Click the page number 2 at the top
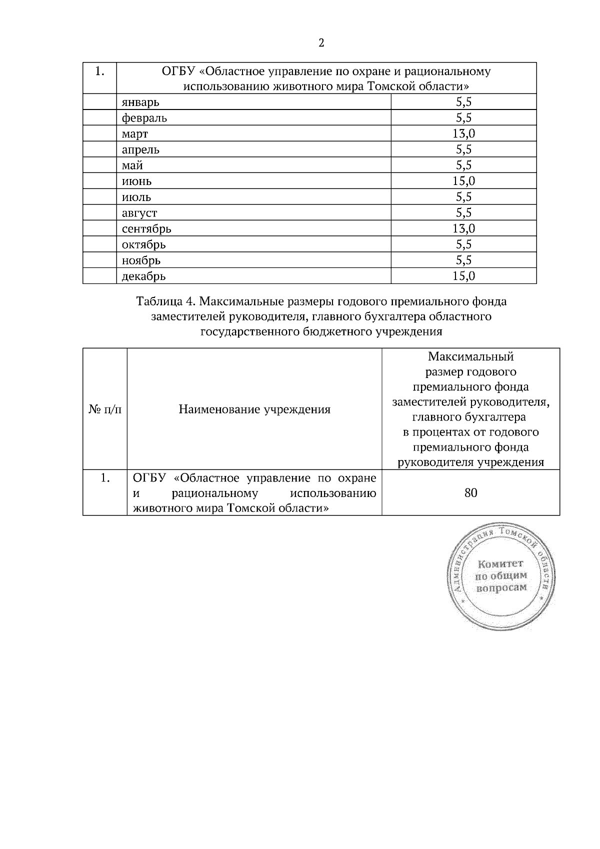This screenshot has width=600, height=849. coord(321,43)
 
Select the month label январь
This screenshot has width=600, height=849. coord(140,102)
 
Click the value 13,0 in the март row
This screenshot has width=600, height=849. coord(463,133)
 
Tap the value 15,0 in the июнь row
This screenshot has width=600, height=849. coord(463,181)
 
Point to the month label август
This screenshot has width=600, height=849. coord(139,213)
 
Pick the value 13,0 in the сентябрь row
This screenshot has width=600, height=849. coord(463,228)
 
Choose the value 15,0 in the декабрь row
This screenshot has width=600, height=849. coord(463,276)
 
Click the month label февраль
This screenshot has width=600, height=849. coord(144,118)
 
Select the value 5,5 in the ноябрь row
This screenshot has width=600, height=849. coord(463,260)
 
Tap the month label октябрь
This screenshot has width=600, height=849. coord(144,244)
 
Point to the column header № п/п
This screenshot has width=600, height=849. coord(105,410)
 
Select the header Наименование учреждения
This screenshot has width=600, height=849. coord(254,410)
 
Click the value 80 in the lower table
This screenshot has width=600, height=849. coord(470,493)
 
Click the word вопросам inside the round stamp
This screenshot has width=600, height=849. coord(501,587)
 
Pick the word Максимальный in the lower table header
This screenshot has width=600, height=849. coord(470,357)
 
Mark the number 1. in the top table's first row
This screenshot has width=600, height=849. coord(99,71)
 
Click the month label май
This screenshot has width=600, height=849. coord(132,165)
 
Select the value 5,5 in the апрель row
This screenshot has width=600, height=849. coord(463,149)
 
